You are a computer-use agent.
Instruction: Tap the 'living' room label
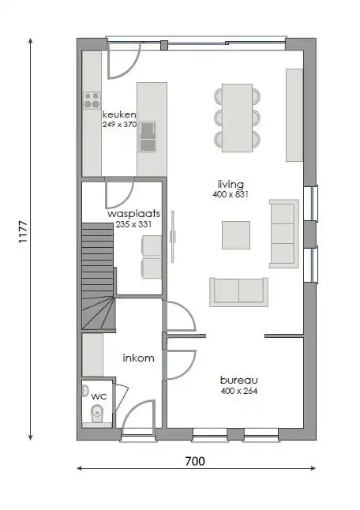tap(231, 184)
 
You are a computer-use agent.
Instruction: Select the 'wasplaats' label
tap(134, 214)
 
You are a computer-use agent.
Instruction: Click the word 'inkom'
tap(138, 358)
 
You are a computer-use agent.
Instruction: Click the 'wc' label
tap(99, 396)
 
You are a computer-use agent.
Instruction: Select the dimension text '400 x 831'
tap(231, 194)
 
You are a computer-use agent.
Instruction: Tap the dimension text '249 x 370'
tap(119, 125)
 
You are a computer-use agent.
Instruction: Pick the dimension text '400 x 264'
tap(239, 391)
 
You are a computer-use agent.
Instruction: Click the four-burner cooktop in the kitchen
tap(92, 100)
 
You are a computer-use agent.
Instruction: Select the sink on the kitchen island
tap(148, 139)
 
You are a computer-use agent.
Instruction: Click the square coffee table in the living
tap(236, 234)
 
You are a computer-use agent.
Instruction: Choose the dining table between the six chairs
tap(237, 117)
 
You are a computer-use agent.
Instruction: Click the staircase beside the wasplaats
tap(97, 276)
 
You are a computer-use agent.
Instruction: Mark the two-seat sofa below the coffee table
tap(238, 291)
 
